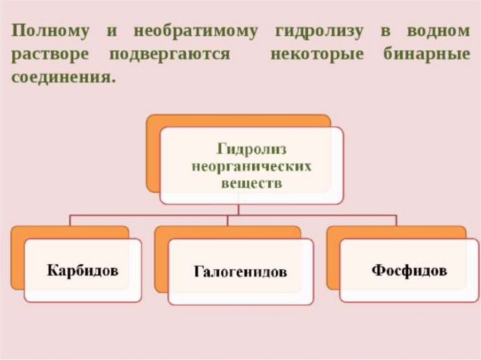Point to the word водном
point(438,32)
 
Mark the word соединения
point(63,77)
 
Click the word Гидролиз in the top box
point(252,150)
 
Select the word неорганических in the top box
point(252,167)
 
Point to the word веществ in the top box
point(252,183)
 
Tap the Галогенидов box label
point(240,272)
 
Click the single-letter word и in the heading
point(111,32)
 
